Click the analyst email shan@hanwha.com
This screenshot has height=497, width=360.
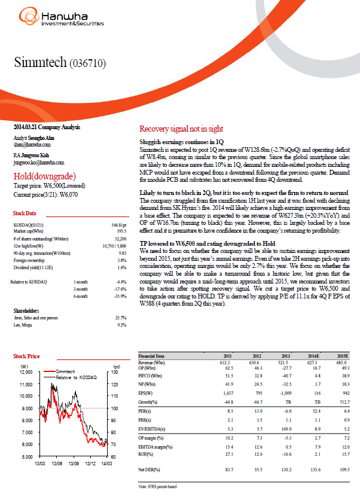pos(31,144)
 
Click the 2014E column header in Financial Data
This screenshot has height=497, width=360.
pos(312,356)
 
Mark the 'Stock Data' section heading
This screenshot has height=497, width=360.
pos(25,214)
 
